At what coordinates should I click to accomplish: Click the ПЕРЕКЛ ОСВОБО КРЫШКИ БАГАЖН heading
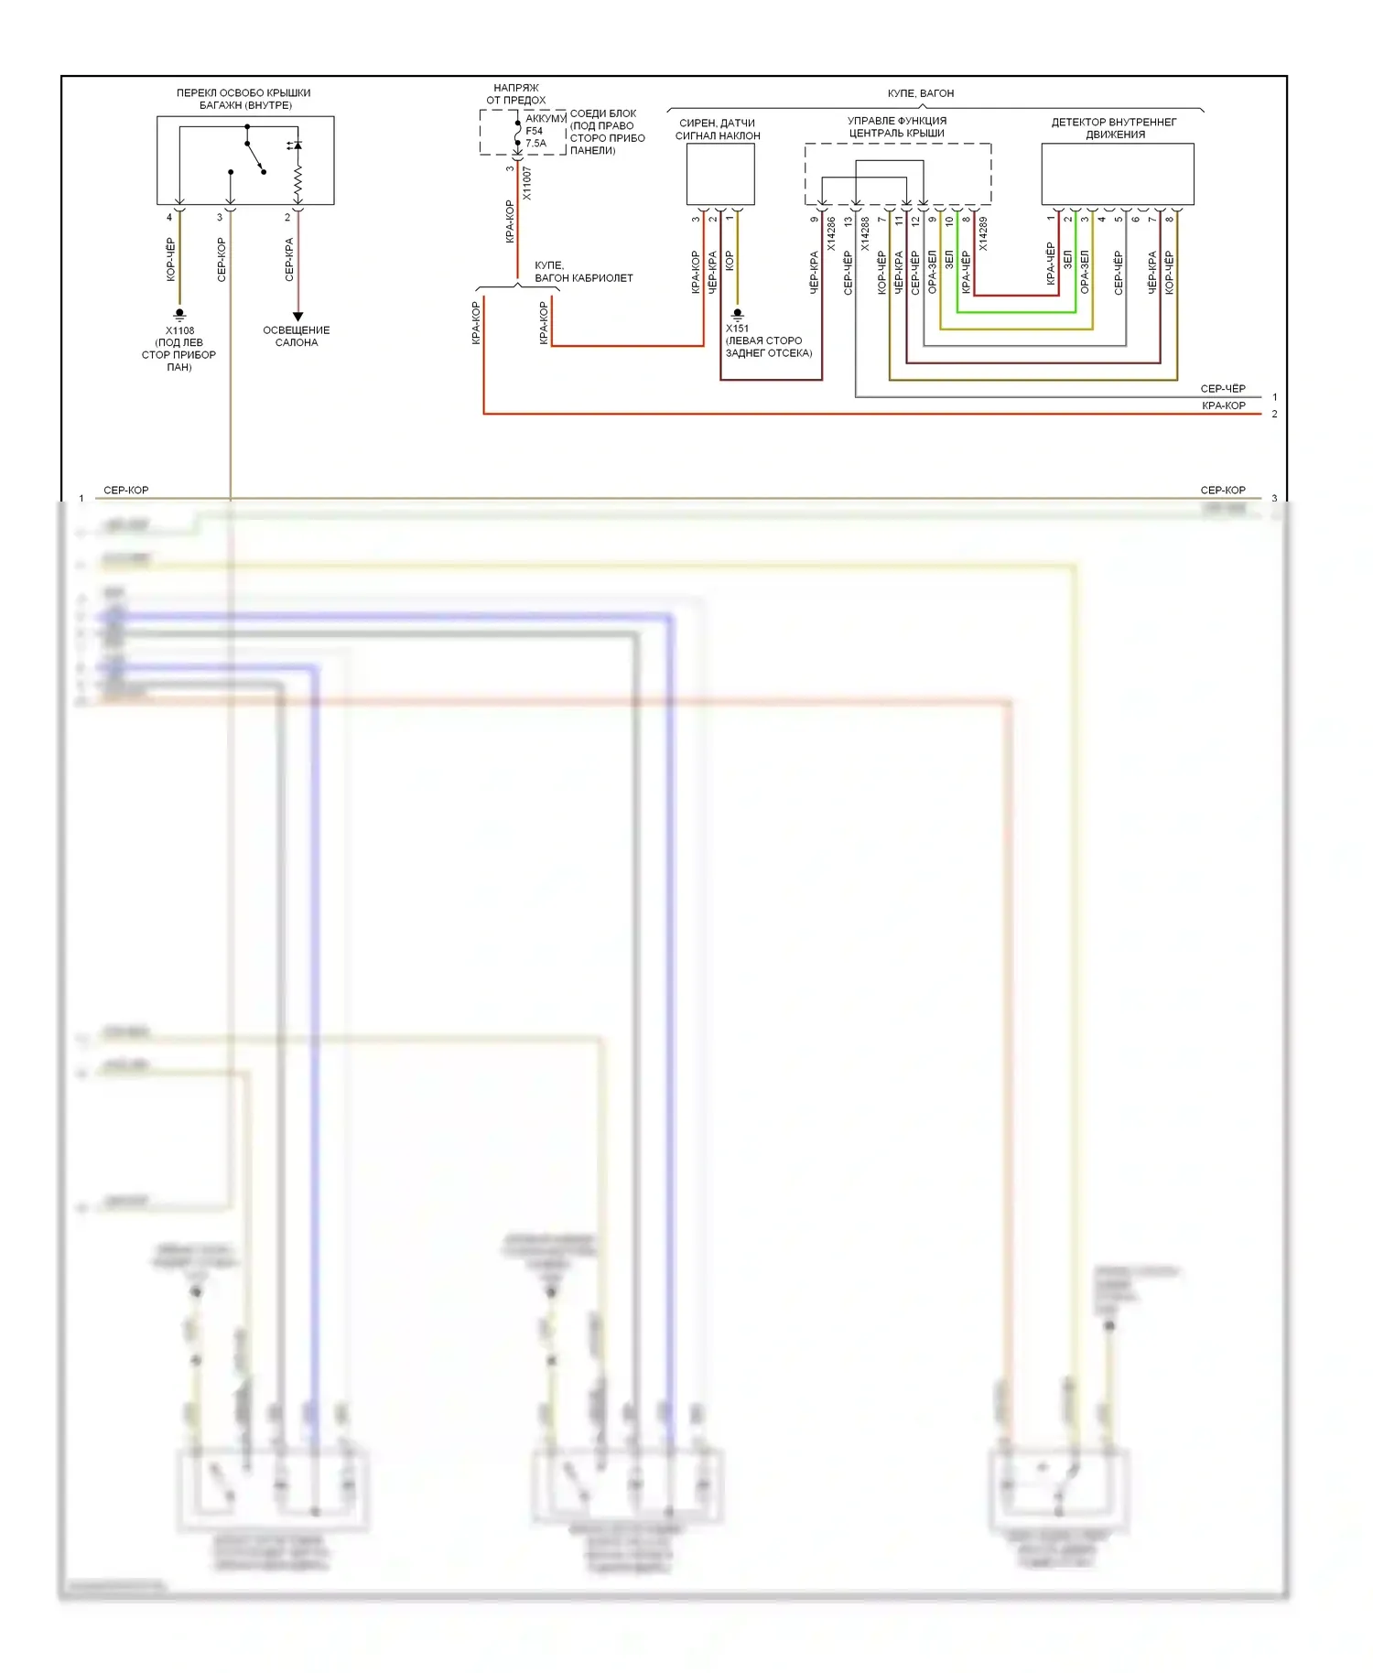243,99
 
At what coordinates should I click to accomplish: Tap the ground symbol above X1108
179,315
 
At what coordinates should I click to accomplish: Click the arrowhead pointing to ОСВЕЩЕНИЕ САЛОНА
297,317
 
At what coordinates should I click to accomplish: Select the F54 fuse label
534,131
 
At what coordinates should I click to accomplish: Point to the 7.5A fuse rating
535,144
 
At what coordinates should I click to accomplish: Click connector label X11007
527,183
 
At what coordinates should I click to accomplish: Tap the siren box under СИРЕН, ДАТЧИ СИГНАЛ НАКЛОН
720,174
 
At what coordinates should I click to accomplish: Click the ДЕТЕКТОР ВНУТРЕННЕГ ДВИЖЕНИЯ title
1114,128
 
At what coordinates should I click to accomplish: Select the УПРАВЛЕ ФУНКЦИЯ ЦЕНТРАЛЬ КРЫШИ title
897,126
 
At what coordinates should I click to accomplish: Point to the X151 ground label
737,329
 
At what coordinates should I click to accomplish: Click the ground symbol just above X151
738,315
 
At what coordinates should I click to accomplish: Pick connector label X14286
831,233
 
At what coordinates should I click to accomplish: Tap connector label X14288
865,233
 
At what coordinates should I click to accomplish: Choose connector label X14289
983,233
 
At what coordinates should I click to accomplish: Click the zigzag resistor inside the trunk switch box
297,182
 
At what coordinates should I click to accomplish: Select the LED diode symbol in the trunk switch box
295,146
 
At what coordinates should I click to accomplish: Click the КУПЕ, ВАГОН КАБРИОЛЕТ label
583,272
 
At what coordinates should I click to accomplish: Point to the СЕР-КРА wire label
289,259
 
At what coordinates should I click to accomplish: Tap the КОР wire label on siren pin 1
730,261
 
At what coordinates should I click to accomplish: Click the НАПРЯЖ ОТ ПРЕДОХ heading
515,94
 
